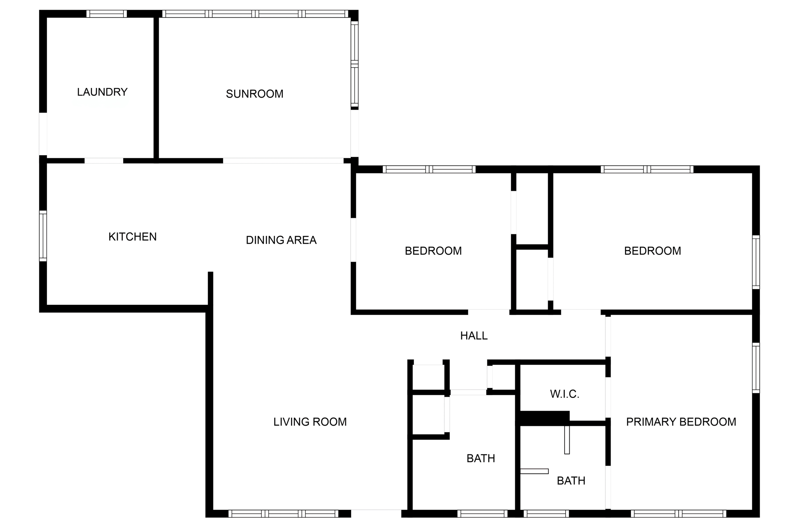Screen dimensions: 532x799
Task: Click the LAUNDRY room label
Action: point(102,92)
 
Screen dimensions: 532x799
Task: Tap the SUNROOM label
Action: point(254,94)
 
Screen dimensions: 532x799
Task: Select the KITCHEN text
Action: point(132,237)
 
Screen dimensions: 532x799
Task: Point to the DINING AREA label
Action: point(281,240)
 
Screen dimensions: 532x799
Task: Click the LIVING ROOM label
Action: point(310,422)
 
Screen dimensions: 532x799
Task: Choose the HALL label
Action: point(474,336)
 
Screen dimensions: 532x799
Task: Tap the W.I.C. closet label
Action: point(565,394)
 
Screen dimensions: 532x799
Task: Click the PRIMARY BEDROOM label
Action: point(681,422)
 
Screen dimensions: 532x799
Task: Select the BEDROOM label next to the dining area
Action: point(433,251)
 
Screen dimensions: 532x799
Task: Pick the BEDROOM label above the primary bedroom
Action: point(652,251)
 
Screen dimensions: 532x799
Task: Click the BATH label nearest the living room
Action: point(481,458)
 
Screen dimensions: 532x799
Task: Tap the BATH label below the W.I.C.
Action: point(571,481)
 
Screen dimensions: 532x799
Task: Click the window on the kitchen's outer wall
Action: point(43,236)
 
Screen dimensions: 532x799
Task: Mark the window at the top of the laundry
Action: point(106,14)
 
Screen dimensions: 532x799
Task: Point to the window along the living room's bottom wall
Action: point(283,514)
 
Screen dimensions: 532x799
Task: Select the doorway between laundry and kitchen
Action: point(104,161)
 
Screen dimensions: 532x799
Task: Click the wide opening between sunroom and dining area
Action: point(283,161)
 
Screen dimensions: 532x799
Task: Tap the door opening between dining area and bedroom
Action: point(353,240)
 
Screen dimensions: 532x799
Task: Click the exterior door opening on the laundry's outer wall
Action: point(43,134)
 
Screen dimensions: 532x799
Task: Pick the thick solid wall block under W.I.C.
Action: point(545,418)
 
